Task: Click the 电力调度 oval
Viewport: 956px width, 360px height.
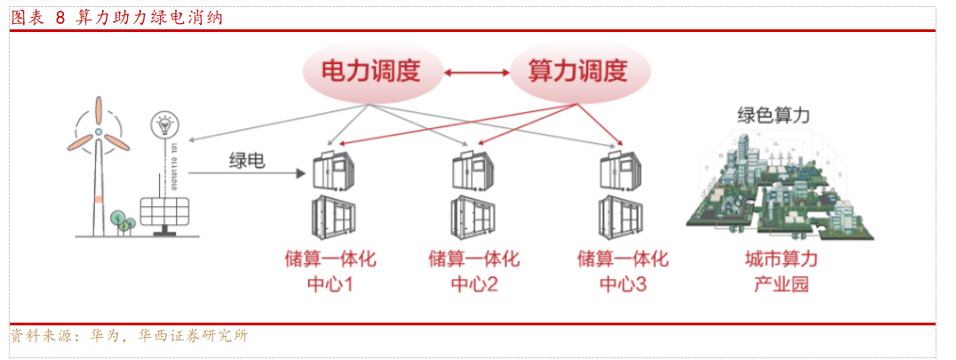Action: tap(370, 71)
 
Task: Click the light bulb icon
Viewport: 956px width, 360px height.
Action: tap(163, 124)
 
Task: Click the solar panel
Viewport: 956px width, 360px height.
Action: tap(162, 212)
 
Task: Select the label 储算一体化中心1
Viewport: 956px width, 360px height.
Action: tap(330, 272)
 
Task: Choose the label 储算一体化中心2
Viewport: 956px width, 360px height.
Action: tap(474, 272)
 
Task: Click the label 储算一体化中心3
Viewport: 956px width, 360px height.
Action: tap(622, 272)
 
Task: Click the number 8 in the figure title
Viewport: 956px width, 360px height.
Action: tap(60, 17)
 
